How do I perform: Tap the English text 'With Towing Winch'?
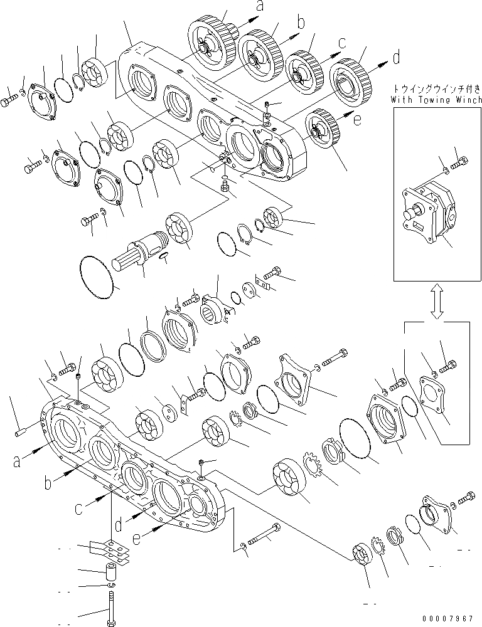click(436, 100)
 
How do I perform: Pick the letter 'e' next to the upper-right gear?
click(356, 120)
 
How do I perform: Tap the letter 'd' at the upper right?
click(396, 58)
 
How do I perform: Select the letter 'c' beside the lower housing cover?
click(78, 508)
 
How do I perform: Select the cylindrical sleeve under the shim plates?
click(112, 573)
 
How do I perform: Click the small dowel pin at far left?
click(19, 431)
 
